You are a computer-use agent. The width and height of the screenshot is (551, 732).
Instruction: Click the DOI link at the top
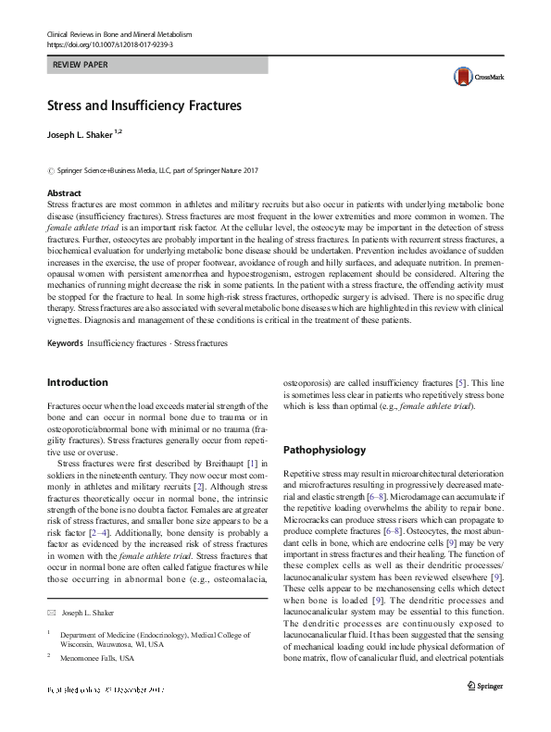click(108, 43)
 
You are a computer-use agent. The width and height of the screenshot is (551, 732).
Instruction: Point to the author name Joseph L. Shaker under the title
click(81, 134)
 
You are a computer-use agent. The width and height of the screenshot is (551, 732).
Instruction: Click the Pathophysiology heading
click(324, 451)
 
